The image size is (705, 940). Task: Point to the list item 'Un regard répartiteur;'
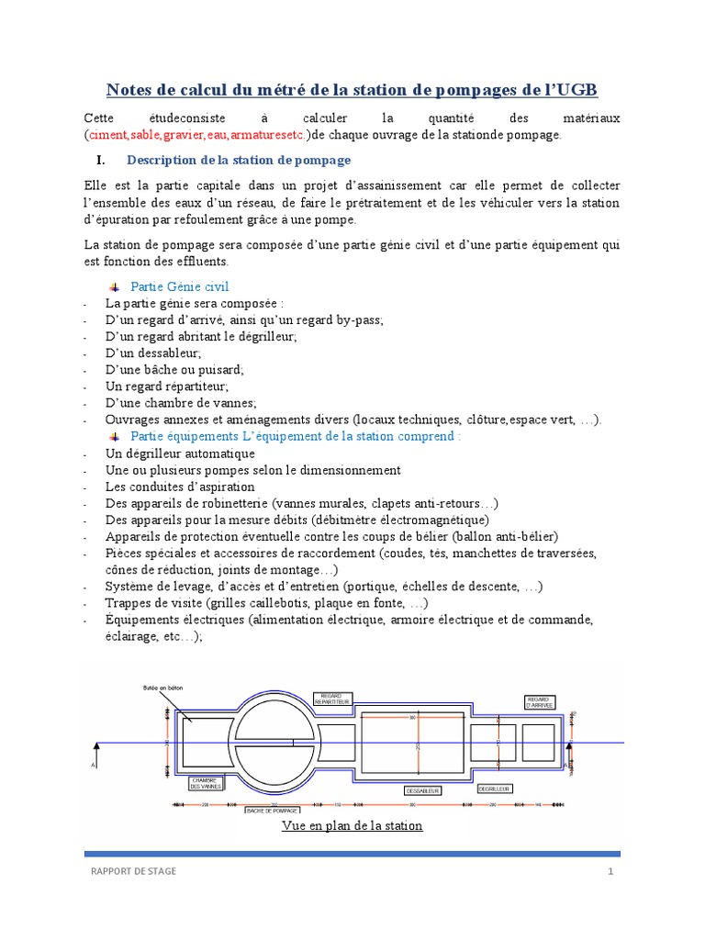click(x=166, y=386)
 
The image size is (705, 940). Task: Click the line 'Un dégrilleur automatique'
click(x=180, y=453)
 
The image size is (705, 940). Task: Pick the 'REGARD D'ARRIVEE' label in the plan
click(x=539, y=701)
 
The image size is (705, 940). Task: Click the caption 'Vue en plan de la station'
click(x=352, y=825)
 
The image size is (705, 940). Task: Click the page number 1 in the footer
click(x=609, y=871)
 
